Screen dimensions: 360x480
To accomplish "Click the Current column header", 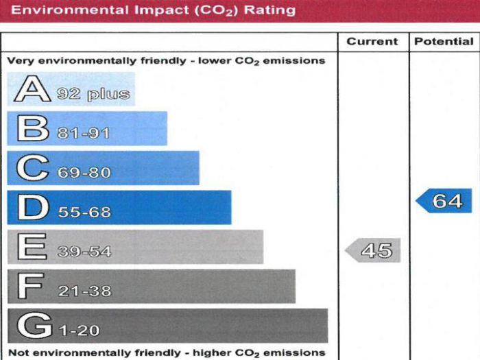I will (x=372, y=42).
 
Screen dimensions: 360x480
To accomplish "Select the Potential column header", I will (x=444, y=42).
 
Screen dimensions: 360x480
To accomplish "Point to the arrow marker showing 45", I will (x=373, y=250).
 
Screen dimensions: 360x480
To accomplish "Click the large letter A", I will (x=32, y=90).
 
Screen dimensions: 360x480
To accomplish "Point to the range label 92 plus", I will (x=93, y=95).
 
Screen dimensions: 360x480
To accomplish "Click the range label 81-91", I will (x=84, y=133).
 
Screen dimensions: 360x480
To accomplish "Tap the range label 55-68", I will (x=84, y=213).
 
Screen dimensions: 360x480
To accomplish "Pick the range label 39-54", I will (x=84, y=252).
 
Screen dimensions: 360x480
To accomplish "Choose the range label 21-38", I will (x=84, y=291).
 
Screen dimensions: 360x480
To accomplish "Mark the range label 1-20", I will (x=80, y=331).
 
